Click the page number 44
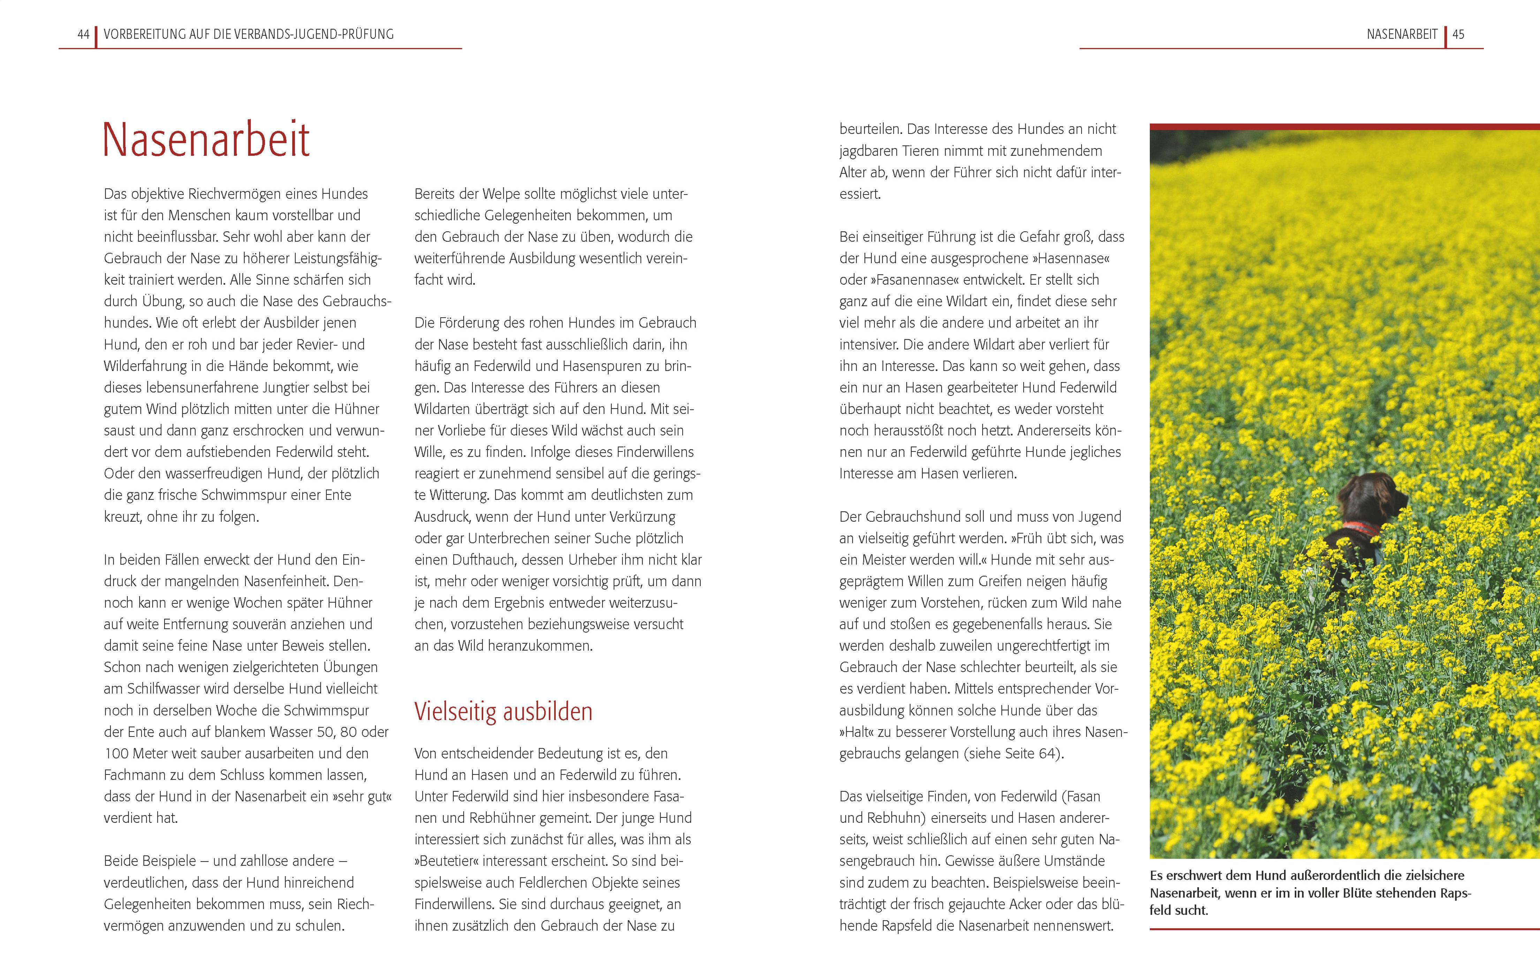pos(83,35)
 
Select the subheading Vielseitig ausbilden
pos(503,711)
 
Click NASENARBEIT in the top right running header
pos(1402,35)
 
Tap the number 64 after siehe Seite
pos(1046,754)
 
